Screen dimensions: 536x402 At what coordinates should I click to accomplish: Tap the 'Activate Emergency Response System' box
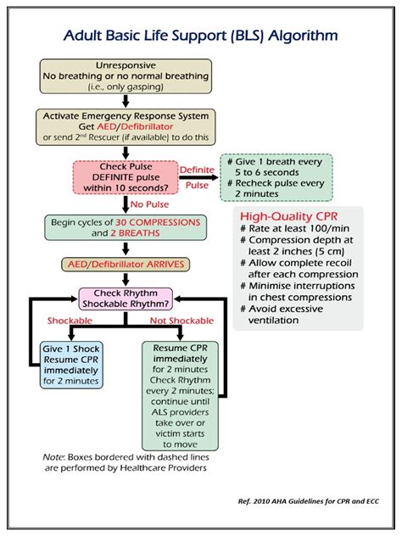pyautogui.click(x=126, y=126)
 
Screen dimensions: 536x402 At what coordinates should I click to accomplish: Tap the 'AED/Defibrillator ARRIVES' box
pyautogui.click(x=126, y=263)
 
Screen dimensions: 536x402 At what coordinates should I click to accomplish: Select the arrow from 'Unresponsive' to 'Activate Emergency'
pyautogui.click(x=126, y=101)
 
